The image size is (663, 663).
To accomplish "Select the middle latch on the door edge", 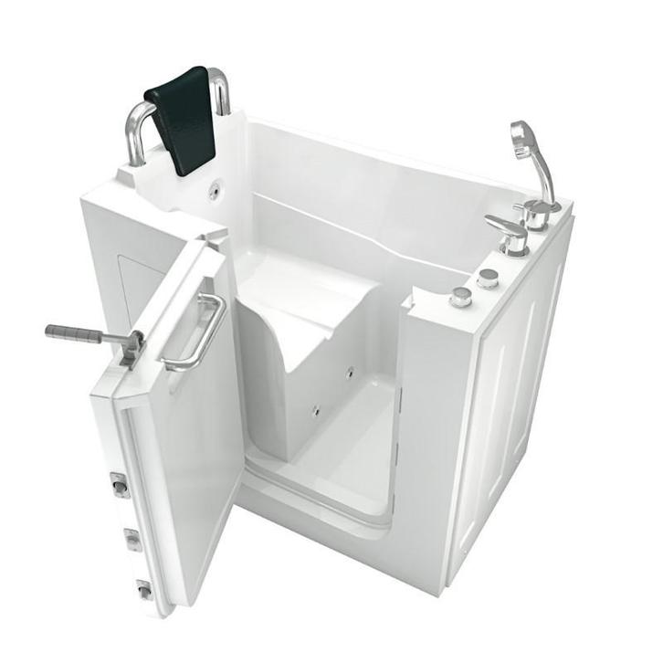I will [x=132, y=540].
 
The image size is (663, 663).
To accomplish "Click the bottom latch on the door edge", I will [x=143, y=590].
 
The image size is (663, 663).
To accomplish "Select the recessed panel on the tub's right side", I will [x=511, y=384].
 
